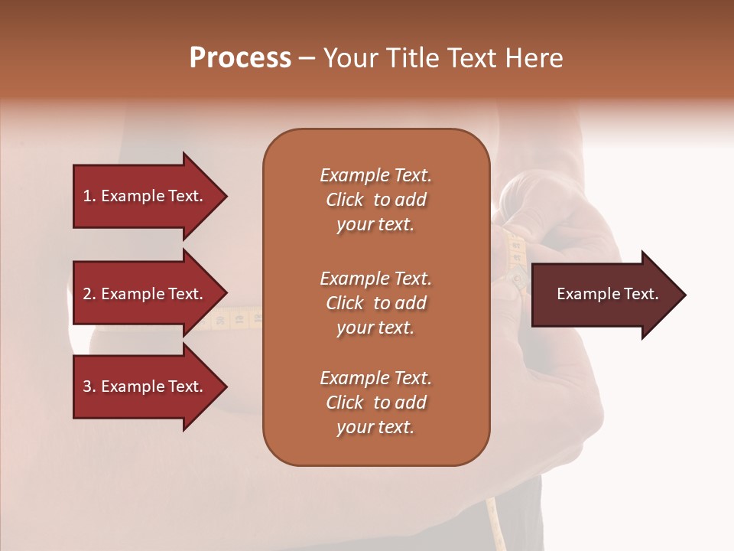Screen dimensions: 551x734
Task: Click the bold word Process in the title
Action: (240, 58)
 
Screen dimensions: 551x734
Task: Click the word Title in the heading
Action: (412, 58)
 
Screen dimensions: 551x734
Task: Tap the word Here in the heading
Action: (534, 58)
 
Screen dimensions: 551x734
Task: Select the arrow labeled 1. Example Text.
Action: (145, 196)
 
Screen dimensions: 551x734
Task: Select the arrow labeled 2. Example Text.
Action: (145, 294)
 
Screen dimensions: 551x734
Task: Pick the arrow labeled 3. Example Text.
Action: (145, 386)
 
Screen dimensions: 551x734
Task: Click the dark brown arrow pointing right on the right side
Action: (604, 294)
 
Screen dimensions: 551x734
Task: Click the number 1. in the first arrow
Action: (89, 196)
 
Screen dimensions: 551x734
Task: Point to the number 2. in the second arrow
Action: (89, 294)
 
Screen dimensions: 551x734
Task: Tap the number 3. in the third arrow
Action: (89, 386)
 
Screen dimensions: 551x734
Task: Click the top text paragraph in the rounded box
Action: (375, 200)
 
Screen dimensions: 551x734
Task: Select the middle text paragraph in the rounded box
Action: (375, 302)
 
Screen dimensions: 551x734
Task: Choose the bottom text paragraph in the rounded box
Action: (375, 403)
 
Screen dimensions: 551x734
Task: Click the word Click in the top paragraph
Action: (345, 200)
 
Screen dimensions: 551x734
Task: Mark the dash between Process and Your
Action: (307, 58)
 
